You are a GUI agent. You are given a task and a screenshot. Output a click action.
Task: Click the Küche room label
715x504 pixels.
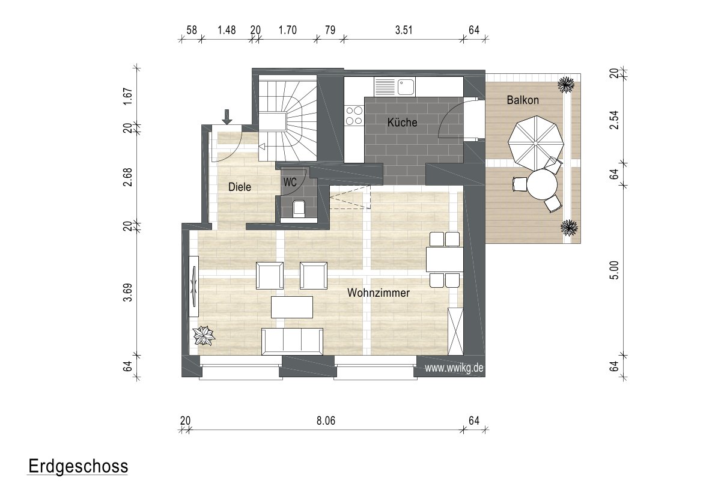click(402, 122)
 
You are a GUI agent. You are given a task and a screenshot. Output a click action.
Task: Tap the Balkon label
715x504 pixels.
click(523, 100)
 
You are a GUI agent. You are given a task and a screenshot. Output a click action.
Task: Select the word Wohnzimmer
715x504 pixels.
click(379, 293)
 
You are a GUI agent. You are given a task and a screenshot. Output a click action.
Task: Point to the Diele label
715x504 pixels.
click(239, 187)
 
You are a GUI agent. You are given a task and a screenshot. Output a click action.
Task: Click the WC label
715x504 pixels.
click(290, 182)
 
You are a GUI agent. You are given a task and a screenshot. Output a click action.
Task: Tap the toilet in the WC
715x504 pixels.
click(299, 208)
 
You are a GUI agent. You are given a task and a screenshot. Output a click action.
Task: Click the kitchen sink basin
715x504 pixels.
click(406, 86)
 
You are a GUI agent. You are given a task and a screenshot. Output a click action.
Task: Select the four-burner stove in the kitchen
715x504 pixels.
click(354, 115)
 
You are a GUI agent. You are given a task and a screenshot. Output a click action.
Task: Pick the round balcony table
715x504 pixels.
click(543, 184)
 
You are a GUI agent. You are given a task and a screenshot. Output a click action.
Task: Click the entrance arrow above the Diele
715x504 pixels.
click(227, 117)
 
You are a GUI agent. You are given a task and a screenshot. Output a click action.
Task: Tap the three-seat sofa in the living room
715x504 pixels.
click(292, 341)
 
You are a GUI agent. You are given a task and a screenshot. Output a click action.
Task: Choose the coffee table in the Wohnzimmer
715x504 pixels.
click(292, 307)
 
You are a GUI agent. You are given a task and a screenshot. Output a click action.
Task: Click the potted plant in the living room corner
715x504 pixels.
click(204, 336)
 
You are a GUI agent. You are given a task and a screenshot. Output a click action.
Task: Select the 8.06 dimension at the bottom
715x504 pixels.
click(326, 420)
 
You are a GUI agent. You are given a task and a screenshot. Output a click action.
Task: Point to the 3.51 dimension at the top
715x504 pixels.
click(404, 30)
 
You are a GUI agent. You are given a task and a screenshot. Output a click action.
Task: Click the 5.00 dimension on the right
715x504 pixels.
click(614, 270)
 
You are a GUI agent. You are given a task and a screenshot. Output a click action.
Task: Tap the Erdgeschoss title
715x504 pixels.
click(78, 466)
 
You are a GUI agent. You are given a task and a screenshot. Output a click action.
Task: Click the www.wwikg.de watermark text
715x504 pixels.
click(454, 368)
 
